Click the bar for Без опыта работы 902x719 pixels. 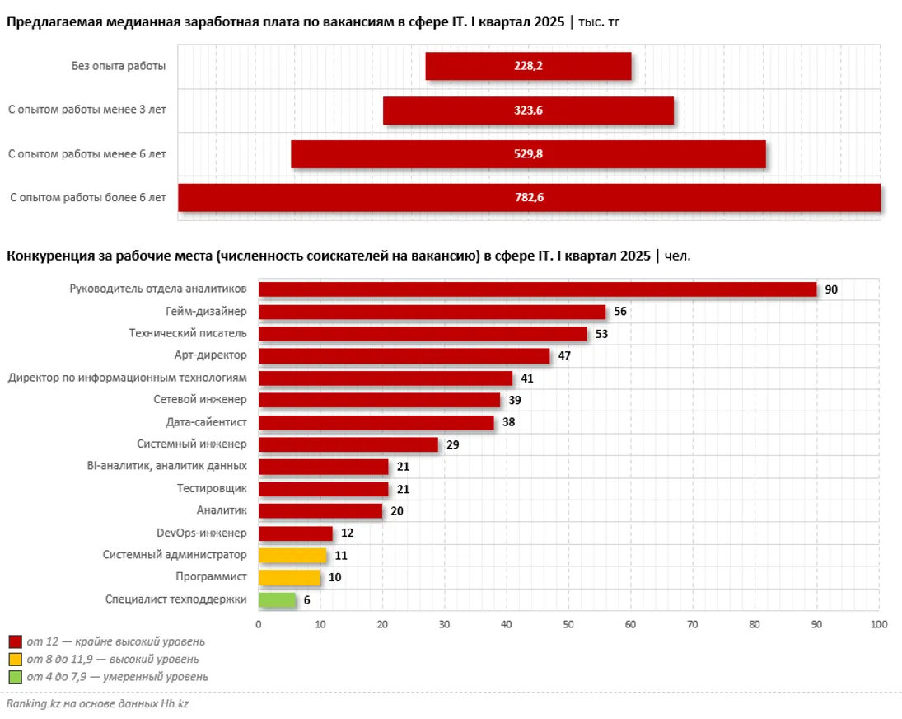(x=528, y=66)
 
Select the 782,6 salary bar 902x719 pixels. (x=529, y=197)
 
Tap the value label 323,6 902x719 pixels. (x=529, y=110)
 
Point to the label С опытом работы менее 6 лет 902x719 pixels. (x=87, y=153)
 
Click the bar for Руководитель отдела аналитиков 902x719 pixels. (x=537, y=289)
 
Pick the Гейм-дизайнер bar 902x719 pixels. (x=432, y=312)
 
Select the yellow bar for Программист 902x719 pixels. (x=289, y=577)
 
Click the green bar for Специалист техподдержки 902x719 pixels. (x=277, y=599)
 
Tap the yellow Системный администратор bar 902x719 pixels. (x=292, y=555)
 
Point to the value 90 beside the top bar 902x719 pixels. (x=831, y=289)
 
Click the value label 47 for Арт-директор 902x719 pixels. (x=564, y=356)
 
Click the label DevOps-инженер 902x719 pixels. (x=201, y=533)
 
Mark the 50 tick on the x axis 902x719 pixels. (x=568, y=624)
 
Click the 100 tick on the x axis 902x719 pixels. (x=878, y=624)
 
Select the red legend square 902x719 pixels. (x=15, y=641)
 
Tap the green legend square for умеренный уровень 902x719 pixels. (x=15, y=677)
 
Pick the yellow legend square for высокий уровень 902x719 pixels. (x=15, y=660)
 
